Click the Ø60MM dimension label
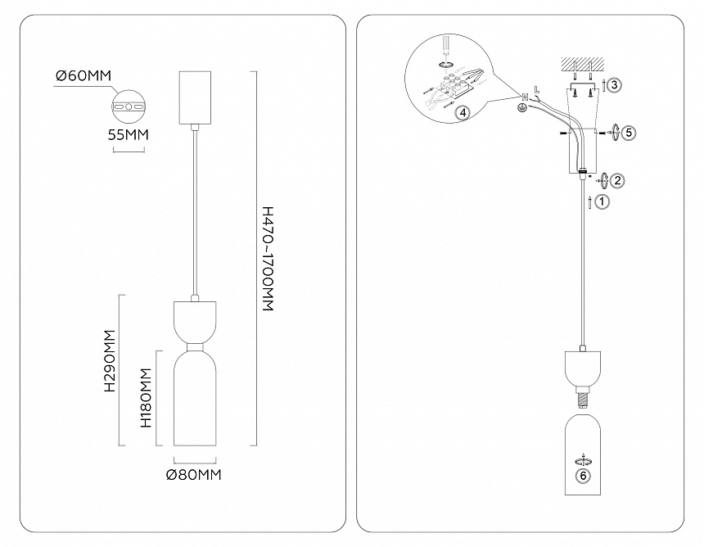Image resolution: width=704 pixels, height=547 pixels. (x=83, y=76)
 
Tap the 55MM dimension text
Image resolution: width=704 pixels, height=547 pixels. (x=128, y=136)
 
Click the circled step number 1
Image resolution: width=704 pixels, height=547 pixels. (x=602, y=201)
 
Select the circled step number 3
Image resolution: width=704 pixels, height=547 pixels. (x=615, y=84)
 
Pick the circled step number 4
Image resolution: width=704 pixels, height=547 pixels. (x=463, y=114)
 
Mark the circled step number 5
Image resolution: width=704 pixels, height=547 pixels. (x=628, y=131)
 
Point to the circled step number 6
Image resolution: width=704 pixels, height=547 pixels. (x=582, y=475)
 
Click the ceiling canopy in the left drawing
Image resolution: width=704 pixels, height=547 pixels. (x=195, y=97)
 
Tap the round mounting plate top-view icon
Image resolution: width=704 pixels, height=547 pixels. (x=127, y=106)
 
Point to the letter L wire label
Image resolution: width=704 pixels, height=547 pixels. (x=536, y=88)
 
